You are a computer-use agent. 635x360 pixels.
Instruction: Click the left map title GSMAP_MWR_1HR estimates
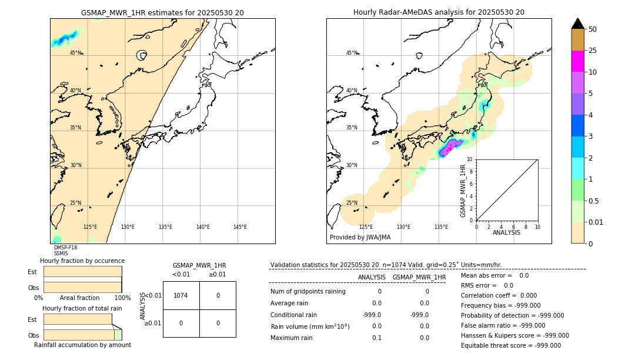point(162,12)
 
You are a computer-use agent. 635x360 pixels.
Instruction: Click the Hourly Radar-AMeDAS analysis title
point(439,12)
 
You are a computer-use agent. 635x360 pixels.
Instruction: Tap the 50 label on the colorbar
point(593,29)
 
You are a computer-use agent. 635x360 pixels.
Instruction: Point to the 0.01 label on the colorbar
point(596,222)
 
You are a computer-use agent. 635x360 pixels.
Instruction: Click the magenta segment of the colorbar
point(577,61)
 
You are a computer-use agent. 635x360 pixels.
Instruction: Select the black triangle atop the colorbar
point(577,24)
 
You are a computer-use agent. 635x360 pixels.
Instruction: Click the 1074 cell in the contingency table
point(181,295)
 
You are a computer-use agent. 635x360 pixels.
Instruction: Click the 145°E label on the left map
point(240,227)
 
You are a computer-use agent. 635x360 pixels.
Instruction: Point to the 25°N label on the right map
point(352,203)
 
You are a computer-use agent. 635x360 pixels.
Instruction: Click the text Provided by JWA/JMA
point(360,237)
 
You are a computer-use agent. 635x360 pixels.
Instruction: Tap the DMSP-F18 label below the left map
point(65,248)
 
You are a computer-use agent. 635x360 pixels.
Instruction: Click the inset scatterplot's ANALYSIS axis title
point(506,232)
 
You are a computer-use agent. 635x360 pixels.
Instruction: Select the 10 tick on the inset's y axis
point(470,159)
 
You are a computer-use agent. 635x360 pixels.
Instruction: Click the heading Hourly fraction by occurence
point(82,261)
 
